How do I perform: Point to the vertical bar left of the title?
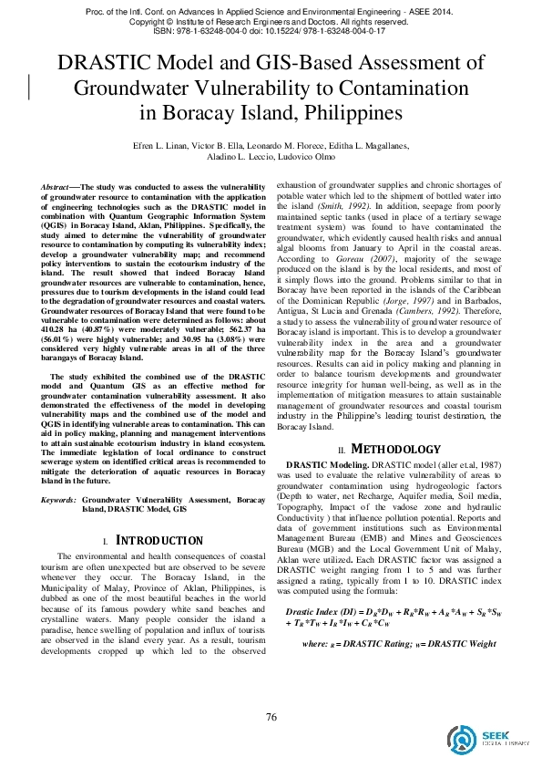tap(32, 82)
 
